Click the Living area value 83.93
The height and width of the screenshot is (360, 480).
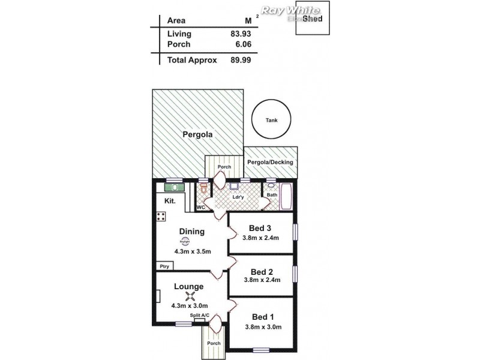point(240,34)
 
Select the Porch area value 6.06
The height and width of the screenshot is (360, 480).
point(240,44)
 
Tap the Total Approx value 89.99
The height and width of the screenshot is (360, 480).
point(240,60)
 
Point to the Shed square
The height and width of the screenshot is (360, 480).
point(312,20)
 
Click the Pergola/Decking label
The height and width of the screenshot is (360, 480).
point(270,162)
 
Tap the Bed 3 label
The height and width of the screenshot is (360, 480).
point(261,227)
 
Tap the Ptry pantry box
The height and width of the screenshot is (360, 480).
point(163,266)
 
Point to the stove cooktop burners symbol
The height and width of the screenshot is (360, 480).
point(161,217)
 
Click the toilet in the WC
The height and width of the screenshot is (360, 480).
point(204,190)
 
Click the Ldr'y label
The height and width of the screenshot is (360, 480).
point(238,196)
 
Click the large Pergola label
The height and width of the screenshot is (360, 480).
point(197,135)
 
